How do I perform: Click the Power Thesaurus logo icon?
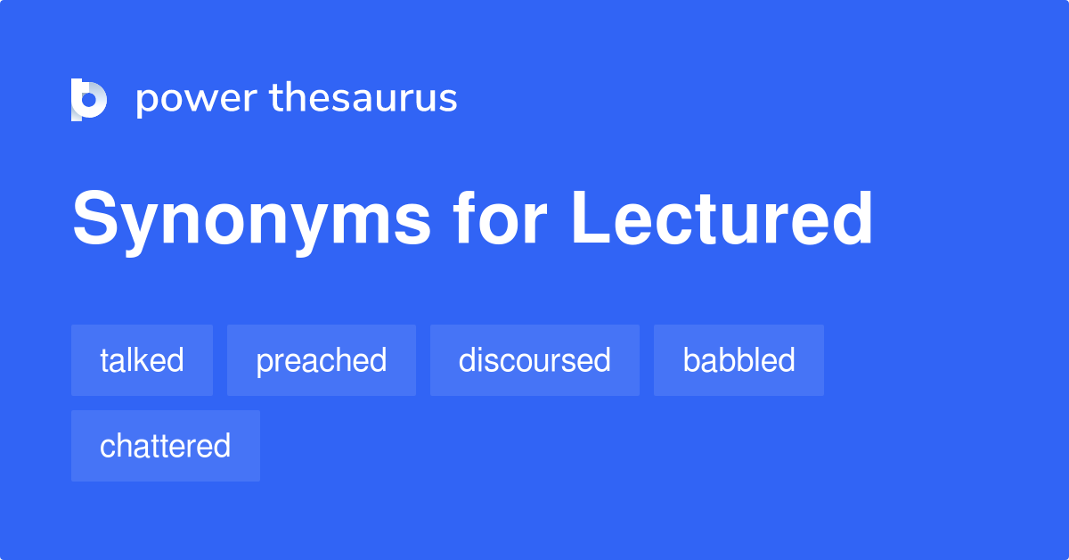click(x=89, y=99)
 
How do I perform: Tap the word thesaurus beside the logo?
click(x=363, y=98)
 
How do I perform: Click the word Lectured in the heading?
click(x=722, y=218)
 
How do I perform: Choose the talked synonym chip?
click(x=142, y=360)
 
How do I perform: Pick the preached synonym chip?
click(x=322, y=360)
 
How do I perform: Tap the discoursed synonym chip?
click(x=534, y=360)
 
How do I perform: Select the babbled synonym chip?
click(x=739, y=360)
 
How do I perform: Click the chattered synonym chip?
click(x=166, y=446)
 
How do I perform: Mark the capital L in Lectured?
click(x=591, y=218)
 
